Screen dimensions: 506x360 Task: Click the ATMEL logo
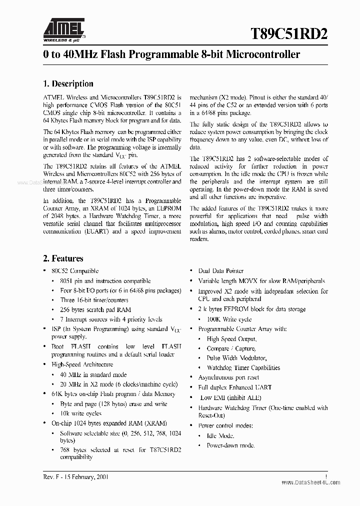[63, 29]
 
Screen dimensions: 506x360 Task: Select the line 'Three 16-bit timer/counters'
[94, 300]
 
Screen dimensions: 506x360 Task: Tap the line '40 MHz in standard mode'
[93, 374]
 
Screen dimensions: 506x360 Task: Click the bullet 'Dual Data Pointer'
[221, 271]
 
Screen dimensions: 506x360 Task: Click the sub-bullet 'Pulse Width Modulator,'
[236, 358]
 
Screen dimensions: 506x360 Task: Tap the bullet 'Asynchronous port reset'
[228, 377]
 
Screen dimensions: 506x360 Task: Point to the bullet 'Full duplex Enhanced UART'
[234, 387]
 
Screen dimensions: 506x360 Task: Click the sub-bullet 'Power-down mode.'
[230, 445]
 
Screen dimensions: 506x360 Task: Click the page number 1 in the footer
[326, 477]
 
